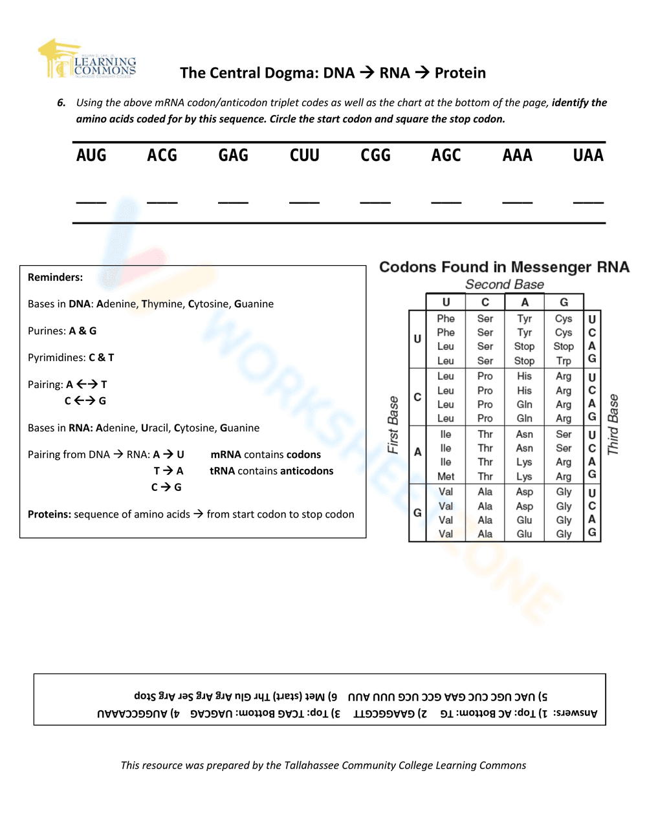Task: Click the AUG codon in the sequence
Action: pos(91,155)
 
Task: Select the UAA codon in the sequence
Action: pos(588,155)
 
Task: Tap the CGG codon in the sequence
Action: pos(375,155)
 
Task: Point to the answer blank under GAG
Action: pos(233,201)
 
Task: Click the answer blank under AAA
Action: pos(518,201)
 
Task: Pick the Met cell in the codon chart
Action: pos(446,477)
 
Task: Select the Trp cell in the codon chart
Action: pos(564,361)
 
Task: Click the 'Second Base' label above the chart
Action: pos(505,285)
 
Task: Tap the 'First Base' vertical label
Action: pos(393,425)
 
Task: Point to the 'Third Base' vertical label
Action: pos(613,424)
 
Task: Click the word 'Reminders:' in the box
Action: pos(55,277)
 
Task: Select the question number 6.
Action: pos(61,103)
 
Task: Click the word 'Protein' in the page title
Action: pos(460,73)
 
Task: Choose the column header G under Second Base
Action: pos(564,302)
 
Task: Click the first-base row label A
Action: pos(417,452)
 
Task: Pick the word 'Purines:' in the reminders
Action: pos(47,331)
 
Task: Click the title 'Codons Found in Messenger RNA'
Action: pos(504,267)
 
